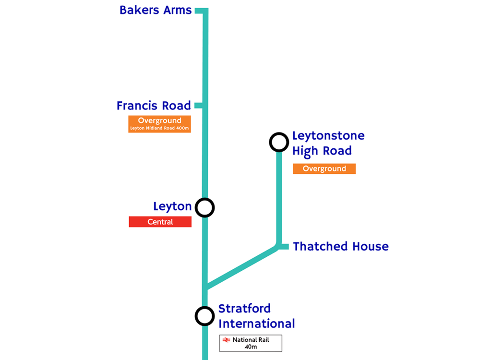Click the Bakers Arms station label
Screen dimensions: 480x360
(155, 10)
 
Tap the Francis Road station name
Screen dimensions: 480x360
(154, 106)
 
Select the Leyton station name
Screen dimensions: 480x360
(172, 207)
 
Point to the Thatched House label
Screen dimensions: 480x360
(341, 247)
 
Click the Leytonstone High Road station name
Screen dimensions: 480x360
(328, 144)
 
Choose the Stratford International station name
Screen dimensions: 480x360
(256, 316)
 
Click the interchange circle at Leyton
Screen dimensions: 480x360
(205, 208)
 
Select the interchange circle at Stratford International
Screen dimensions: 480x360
(205, 316)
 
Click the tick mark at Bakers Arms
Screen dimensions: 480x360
(199, 10)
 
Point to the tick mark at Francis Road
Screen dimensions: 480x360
(198, 106)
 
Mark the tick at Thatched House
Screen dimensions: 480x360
(284, 247)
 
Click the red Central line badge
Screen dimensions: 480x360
(160, 222)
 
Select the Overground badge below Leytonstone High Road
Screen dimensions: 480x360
(324, 168)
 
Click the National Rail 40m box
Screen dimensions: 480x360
(251, 343)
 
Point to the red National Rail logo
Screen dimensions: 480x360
(226, 340)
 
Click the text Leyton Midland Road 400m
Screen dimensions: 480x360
(159, 128)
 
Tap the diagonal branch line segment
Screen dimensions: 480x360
(242, 267)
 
